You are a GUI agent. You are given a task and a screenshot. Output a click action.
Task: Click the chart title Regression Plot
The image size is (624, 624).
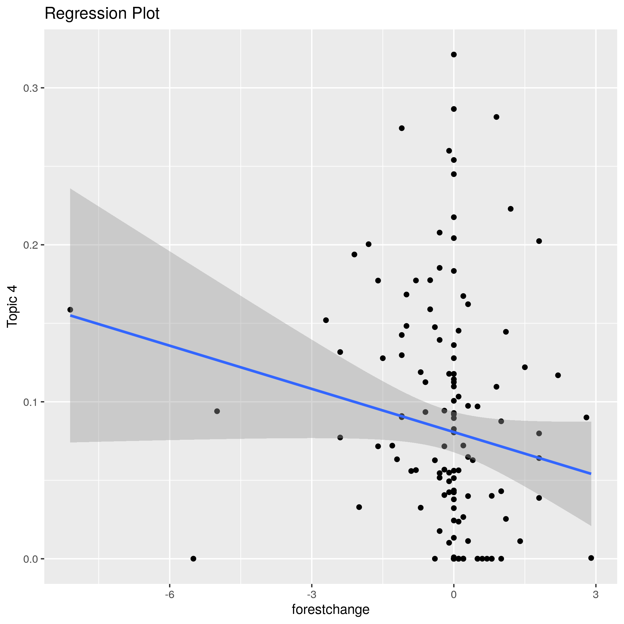coord(102,14)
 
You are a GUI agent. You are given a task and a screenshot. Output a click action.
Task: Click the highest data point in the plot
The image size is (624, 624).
coord(453,55)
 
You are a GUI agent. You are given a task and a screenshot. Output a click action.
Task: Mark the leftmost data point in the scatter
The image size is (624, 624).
coord(70,310)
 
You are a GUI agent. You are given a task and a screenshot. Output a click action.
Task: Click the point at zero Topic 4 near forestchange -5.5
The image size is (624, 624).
coord(193,559)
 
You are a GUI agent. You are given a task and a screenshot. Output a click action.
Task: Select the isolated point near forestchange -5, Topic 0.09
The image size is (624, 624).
coord(217,411)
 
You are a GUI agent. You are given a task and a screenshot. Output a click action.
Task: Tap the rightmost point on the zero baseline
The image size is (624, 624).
coord(591,558)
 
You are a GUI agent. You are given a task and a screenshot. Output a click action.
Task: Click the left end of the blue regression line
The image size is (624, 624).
coord(71,315)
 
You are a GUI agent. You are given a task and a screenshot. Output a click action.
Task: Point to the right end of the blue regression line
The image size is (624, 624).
coord(591,474)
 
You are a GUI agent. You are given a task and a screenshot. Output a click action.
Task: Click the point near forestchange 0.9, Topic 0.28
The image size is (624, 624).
coord(497,117)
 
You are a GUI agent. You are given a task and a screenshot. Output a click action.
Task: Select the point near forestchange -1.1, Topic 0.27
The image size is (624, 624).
coord(401,128)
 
